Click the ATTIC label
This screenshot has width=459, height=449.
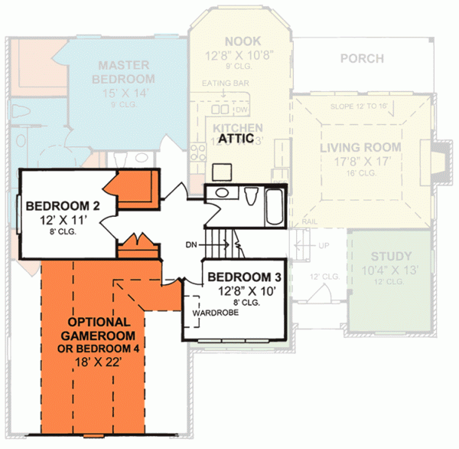point(237,140)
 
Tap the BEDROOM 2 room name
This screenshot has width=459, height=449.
point(58,206)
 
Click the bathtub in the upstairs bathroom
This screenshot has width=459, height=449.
point(273,205)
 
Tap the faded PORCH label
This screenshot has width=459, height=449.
point(362,57)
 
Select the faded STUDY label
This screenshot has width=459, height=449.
point(391,257)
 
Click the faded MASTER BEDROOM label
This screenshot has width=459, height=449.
point(123,72)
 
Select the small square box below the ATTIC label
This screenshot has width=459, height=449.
point(223,170)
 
